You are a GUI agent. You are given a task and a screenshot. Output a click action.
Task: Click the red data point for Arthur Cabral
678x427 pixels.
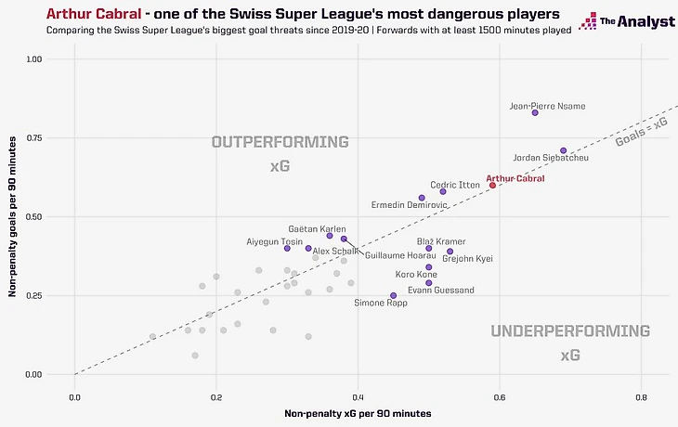(x=492, y=185)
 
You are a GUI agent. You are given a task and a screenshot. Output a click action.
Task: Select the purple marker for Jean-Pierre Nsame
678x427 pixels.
(x=535, y=112)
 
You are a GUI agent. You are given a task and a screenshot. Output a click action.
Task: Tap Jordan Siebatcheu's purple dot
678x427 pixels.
(x=563, y=150)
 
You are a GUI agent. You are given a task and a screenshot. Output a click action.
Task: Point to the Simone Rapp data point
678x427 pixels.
(x=393, y=295)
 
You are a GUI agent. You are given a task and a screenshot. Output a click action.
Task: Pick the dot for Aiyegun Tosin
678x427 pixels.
(x=287, y=248)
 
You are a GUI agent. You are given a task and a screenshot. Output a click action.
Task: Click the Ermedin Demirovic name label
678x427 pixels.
(x=410, y=204)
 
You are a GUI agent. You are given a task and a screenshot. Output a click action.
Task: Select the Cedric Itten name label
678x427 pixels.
(x=454, y=185)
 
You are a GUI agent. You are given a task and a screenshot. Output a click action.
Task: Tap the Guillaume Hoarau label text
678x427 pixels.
(x=400, y=255)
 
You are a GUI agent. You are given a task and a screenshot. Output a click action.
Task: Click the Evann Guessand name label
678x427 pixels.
(x=441, y=291)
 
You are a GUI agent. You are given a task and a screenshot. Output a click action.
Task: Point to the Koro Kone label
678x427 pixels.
(x=416, y=275)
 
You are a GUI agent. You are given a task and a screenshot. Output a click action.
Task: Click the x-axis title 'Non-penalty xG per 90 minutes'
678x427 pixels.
(x=358, y=412)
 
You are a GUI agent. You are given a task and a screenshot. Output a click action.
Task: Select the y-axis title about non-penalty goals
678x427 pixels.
(x=13, y=217)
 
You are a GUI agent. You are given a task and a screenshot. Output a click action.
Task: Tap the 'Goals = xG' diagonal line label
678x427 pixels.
(x=641, y=135)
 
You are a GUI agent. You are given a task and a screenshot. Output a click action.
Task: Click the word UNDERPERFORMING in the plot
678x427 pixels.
(x=570, y=331)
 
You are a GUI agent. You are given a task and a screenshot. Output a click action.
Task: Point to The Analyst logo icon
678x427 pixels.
(x=587, y=21)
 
